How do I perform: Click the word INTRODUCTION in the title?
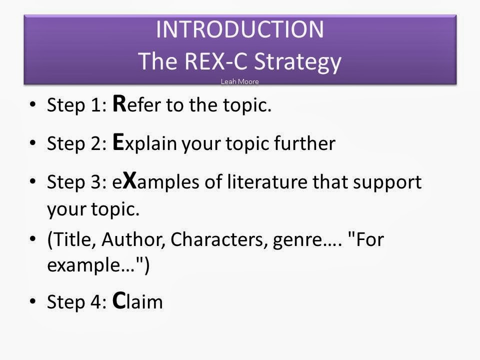[240, 29]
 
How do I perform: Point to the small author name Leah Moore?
[240, 81]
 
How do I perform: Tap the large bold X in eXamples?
[129, 180]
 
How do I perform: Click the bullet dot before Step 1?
[32, 105]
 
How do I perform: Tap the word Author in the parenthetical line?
[133, 240]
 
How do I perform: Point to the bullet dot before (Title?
[32, 240]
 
